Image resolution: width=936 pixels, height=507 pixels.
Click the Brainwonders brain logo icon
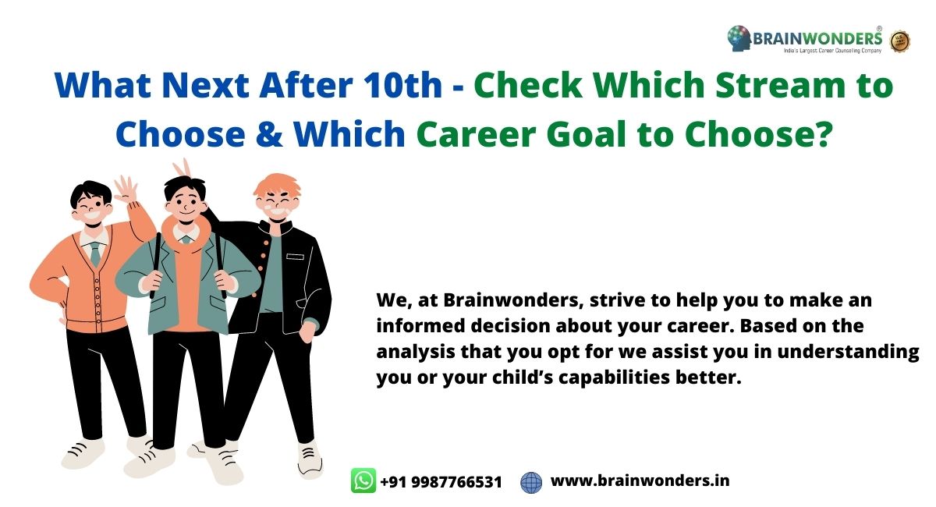739,38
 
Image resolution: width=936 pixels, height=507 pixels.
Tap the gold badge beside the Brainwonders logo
900,41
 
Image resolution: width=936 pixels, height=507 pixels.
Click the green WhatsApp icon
363,480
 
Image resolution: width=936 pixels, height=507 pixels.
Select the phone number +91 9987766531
441,481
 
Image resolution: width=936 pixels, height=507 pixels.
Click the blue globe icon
531,482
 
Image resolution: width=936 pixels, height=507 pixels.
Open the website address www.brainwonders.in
640,480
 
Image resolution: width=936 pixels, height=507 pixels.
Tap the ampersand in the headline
269,133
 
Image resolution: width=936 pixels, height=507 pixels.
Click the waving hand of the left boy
126,190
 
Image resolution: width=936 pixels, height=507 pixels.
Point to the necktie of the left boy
95,253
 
